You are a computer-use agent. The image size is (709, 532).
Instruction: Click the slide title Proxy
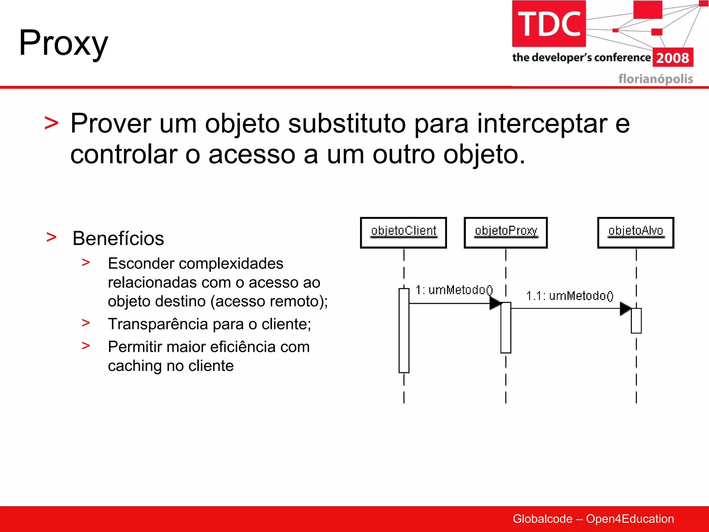[x=64, y=43]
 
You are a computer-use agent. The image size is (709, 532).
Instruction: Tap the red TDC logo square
[x=549, y=24]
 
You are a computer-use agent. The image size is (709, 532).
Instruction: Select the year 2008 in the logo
[x=673, y=58]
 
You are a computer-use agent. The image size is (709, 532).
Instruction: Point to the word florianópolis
[x=655, y=79]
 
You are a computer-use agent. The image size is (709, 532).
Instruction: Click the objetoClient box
[x=403, y=232]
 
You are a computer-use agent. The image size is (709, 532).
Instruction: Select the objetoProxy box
[x=505, y=232]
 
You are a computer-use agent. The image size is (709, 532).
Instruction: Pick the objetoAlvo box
[x=636, y=232]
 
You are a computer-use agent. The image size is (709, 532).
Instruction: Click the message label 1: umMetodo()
[x=454, y=290]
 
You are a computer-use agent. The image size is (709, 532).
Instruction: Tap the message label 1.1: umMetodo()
[x=569, y=296]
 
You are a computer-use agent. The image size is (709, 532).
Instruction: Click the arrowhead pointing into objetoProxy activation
[x=495, y=303]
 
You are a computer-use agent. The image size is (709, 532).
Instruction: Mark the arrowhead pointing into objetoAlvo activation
[x=625, y=308]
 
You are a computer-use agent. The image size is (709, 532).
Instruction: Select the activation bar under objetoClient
[x=404, y=331]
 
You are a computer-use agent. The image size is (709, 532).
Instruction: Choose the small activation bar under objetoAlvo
[x=636, y=321]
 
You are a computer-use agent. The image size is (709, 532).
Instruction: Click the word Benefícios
[x=118, y=239]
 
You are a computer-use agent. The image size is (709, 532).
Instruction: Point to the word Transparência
[x=158, y=324]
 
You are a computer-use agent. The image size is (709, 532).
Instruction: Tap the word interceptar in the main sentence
[x=542, y=124]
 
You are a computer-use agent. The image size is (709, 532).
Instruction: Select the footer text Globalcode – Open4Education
[x=593, y=519]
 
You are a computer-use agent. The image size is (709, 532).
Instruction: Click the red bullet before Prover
[x=52, y=124]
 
